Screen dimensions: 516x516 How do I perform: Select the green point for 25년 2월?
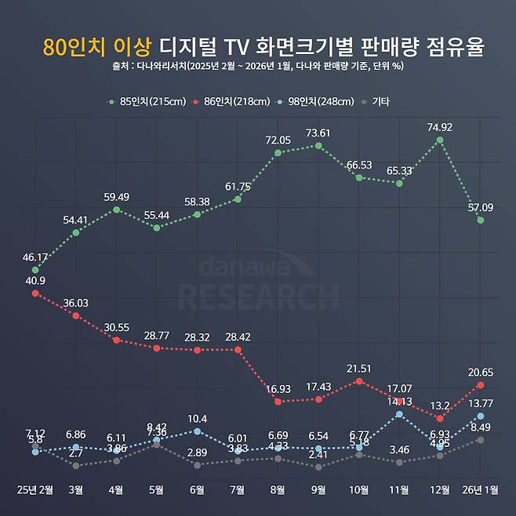35,271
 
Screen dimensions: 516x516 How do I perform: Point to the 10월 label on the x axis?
358,490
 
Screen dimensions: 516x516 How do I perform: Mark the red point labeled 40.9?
35,293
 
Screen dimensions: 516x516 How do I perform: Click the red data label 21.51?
358,368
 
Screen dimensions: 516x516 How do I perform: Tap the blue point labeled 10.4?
197,431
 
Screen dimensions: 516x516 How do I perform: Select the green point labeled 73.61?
318,145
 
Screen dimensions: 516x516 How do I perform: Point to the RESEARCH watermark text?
258,296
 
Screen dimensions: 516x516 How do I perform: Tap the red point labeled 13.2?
440,418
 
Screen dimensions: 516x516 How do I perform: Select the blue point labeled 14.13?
399,414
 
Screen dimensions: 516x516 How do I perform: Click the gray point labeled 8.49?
480,440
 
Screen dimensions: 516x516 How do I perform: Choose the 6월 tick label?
197,490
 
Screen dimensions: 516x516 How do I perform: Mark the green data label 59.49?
116,197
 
